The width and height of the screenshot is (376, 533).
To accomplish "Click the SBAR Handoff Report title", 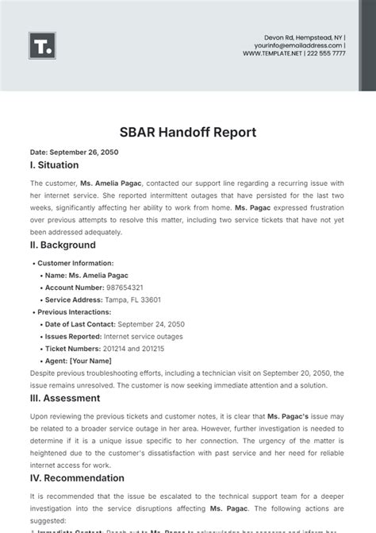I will pyautogui.click(x=188, y=132).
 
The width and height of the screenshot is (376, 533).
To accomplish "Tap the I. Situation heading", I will pyautogui.click(x=54, y=165).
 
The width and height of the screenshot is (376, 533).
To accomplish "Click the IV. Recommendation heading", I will pyautogui.click(x=76, y=478).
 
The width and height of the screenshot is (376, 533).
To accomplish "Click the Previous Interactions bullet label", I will pyautogui.click(x=75, y=312).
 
